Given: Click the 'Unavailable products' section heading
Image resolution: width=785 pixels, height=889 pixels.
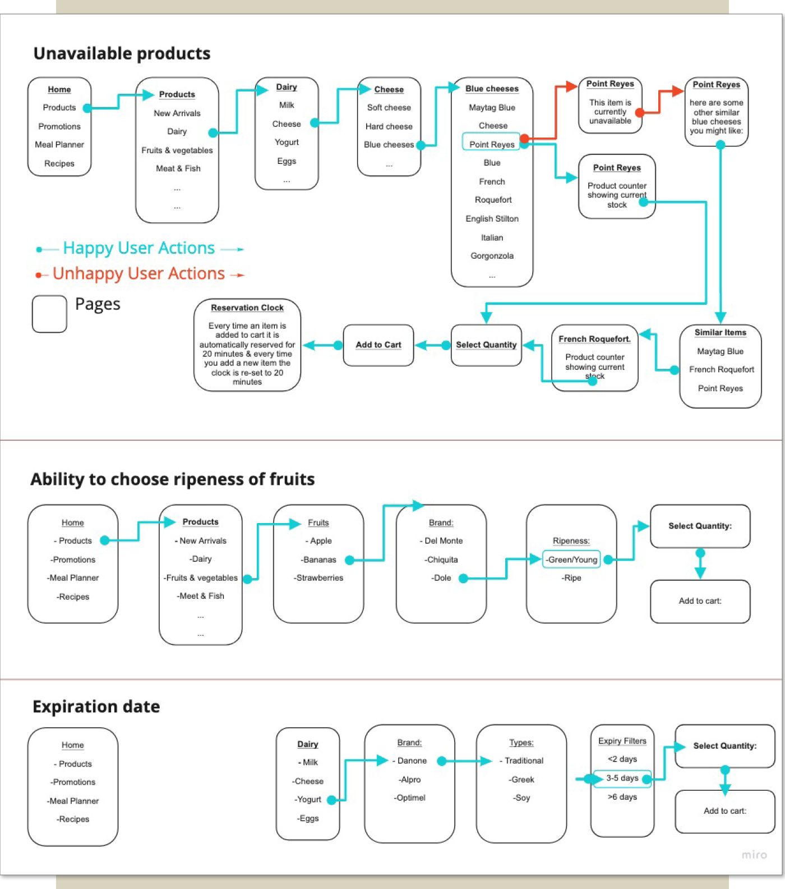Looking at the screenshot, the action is (x=122, y=53).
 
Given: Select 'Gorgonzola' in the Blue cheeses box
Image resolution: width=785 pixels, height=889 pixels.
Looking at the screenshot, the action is (x=492, y=256).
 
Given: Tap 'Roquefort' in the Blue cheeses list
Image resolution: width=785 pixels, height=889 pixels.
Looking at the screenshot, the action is (x=493, y=200).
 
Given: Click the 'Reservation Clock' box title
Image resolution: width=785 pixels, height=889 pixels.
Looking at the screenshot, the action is (x=247, y=308).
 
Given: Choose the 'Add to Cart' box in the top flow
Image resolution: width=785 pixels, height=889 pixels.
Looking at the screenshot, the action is (x=378, y=345).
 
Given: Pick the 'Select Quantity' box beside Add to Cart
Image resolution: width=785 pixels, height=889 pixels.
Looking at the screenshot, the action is (x=486, y=345).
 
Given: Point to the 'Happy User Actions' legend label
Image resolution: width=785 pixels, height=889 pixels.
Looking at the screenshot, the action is (x=139, y=248).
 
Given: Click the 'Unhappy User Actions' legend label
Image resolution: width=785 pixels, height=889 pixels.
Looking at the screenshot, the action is (x=138, y=273).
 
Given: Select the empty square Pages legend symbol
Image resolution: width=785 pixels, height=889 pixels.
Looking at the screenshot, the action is (x=49, y=314).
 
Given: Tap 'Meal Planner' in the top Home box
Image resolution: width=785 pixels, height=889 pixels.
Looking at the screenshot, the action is (x=59, y=145).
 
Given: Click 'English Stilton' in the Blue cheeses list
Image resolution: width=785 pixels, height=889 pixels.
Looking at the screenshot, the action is (x=492, y=219).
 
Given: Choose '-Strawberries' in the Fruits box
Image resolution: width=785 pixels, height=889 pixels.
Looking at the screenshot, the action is (x=318, y=578).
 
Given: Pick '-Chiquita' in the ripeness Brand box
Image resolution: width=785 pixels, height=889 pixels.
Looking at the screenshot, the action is (x=441, y=560).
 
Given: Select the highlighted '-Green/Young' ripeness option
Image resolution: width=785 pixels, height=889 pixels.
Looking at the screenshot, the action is (x=571, y=560).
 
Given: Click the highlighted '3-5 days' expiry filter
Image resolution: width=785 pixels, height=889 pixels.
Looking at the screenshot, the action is (x=622, y=778).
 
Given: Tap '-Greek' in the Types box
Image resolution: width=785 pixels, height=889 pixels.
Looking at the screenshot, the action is (x=521, y=780).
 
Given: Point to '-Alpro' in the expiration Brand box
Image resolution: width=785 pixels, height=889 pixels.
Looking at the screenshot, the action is (x=410, y=780).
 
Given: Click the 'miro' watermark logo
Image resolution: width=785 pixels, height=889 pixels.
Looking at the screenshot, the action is (x=754, y=855).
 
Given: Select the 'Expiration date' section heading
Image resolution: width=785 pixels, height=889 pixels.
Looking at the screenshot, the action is (x=96, y=707).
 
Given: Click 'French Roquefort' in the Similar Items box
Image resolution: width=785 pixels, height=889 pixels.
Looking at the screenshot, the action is (x=722, y=370).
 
